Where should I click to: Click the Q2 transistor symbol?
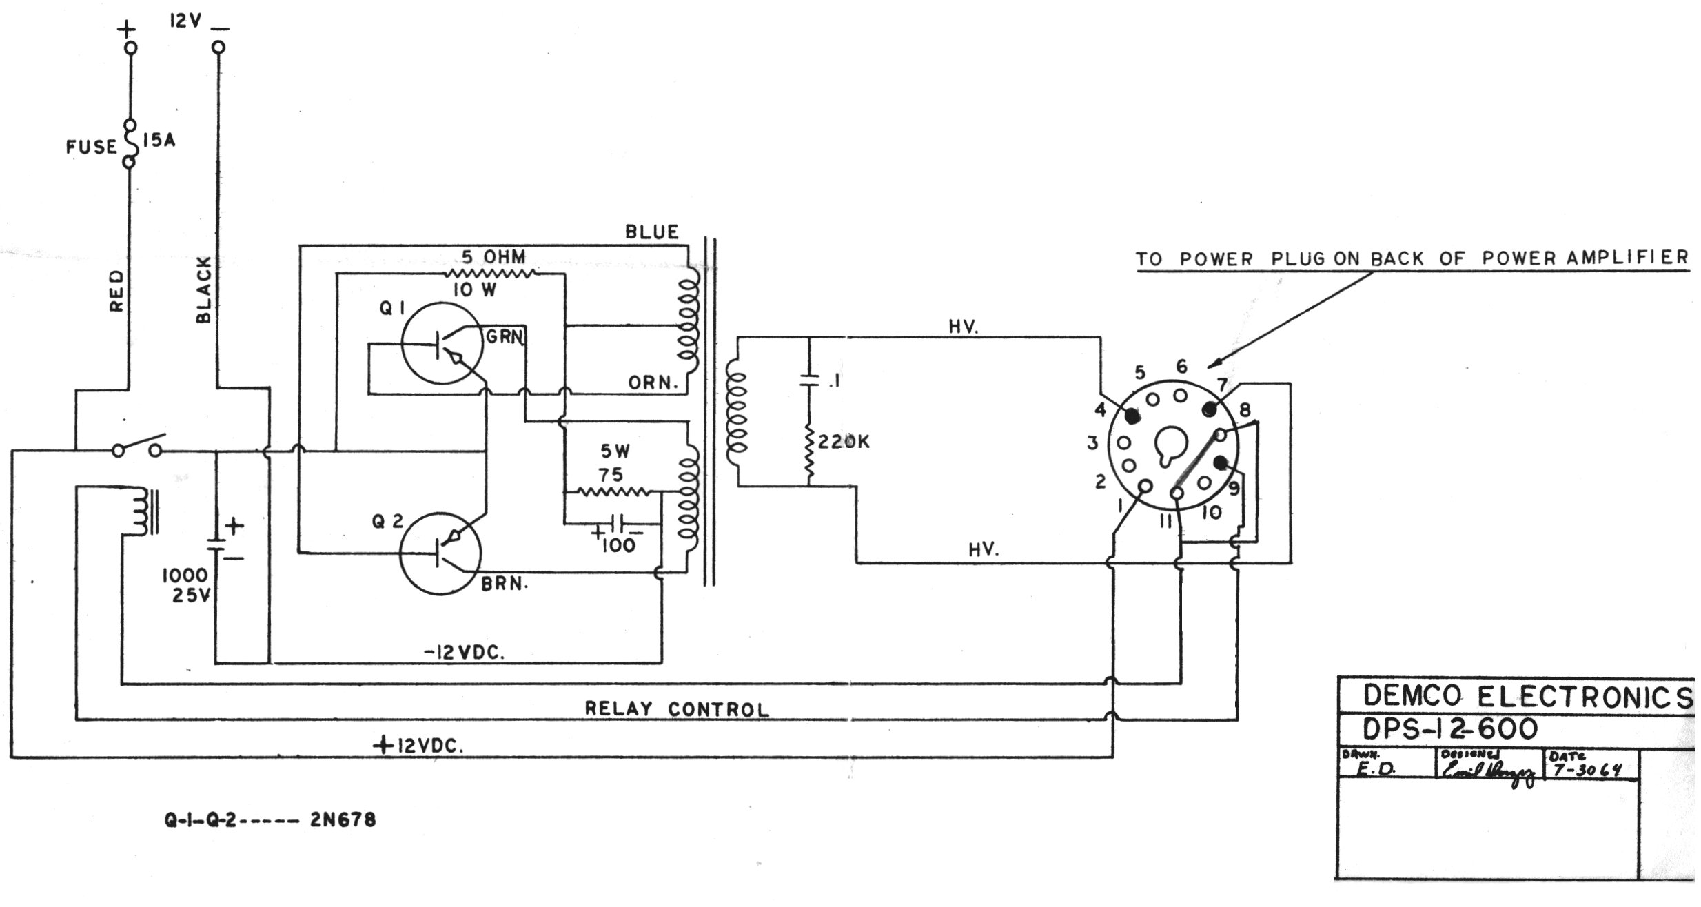click(440, 553)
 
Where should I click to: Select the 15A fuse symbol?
click(129, 144)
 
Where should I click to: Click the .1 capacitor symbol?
click(809, 380)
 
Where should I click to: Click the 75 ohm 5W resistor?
click(612, 492)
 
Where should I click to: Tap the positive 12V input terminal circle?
click(130, 48)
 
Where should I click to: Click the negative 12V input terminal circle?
click(218, 48)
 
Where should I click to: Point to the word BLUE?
click(651, 232)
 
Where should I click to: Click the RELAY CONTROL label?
click(676, 709)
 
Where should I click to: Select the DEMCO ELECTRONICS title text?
click(1526, 697)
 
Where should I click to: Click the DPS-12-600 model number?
click(1450, 728)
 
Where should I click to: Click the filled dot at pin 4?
click(1132, 416)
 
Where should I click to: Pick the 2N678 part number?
click(343, 820)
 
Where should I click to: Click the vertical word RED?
click(117, 290)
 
